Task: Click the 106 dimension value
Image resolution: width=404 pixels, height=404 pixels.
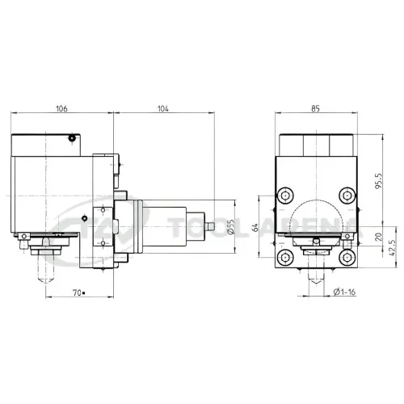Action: [61, 108]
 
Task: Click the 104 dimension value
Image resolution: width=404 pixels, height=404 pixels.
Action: [163, 108]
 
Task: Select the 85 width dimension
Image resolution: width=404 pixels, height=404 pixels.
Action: [315, 108]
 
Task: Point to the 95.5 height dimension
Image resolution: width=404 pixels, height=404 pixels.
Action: [378, 181]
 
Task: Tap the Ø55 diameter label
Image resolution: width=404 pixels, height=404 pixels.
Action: [231, 226]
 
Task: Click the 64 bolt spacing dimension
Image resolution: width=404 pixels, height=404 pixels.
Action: [255, 227]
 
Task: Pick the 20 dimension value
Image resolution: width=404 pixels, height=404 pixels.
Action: [378, 237]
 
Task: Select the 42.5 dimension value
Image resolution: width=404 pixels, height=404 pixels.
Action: [392, 248]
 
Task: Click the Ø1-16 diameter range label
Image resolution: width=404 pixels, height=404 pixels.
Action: [344, 292]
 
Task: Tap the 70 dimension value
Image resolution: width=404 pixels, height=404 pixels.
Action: [78, 292]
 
